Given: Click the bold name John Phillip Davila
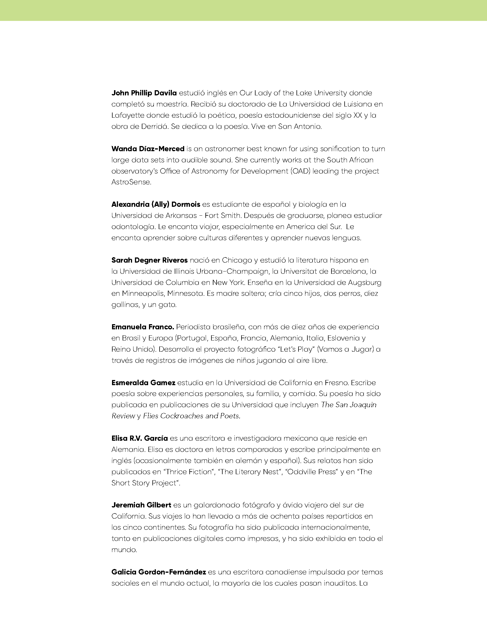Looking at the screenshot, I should (x=144, y=93).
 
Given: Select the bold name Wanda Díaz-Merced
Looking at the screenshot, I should (x=148, y=149).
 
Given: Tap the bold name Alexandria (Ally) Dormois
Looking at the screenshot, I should (x=156, y=204).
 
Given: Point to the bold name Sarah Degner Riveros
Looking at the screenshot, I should (x=150, y=260).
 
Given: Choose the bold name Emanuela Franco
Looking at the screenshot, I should (x=143, y=327).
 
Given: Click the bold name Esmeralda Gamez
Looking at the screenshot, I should (x=144, y=383).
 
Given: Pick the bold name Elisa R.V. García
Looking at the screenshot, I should (x=140, y=438).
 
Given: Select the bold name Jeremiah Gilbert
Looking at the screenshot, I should (x=141, y=505).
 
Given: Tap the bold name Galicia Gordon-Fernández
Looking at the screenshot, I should (x=159, y=572).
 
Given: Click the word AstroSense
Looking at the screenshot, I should (x=131, y=183).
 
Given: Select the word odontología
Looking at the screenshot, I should (x=133, y=227).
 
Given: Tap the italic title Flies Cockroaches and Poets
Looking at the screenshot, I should (x=192, y=416).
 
